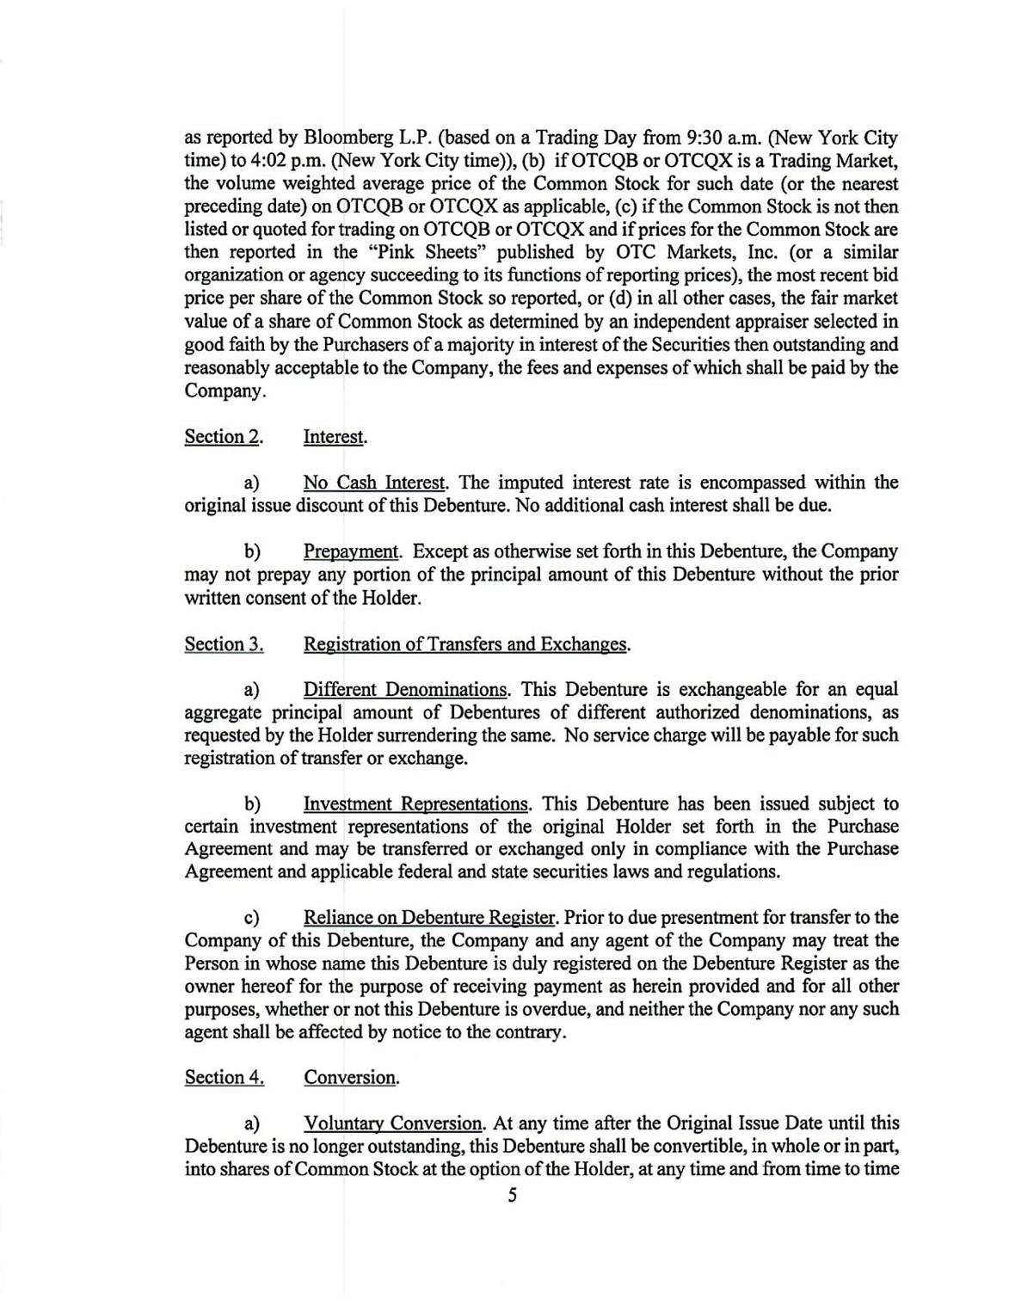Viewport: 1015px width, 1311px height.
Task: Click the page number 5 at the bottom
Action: tap(512, 1195)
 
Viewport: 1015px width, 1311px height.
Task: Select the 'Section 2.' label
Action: tap(223, 437)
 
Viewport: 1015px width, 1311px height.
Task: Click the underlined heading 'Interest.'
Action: tap(335, 437)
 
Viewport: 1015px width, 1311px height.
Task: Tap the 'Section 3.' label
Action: tap(224, 644)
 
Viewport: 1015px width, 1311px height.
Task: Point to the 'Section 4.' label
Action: tap(224, 1077)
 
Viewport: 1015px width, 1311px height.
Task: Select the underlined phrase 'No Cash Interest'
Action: tap(374, 483)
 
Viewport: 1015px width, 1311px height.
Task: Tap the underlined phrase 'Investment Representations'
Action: tap(416, 804)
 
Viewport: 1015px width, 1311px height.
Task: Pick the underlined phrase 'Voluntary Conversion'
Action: tap(393, 1123)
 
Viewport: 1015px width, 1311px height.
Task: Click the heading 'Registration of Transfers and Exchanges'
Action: tap(465, 644)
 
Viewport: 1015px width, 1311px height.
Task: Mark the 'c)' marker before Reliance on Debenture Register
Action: tap(253, 918)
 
